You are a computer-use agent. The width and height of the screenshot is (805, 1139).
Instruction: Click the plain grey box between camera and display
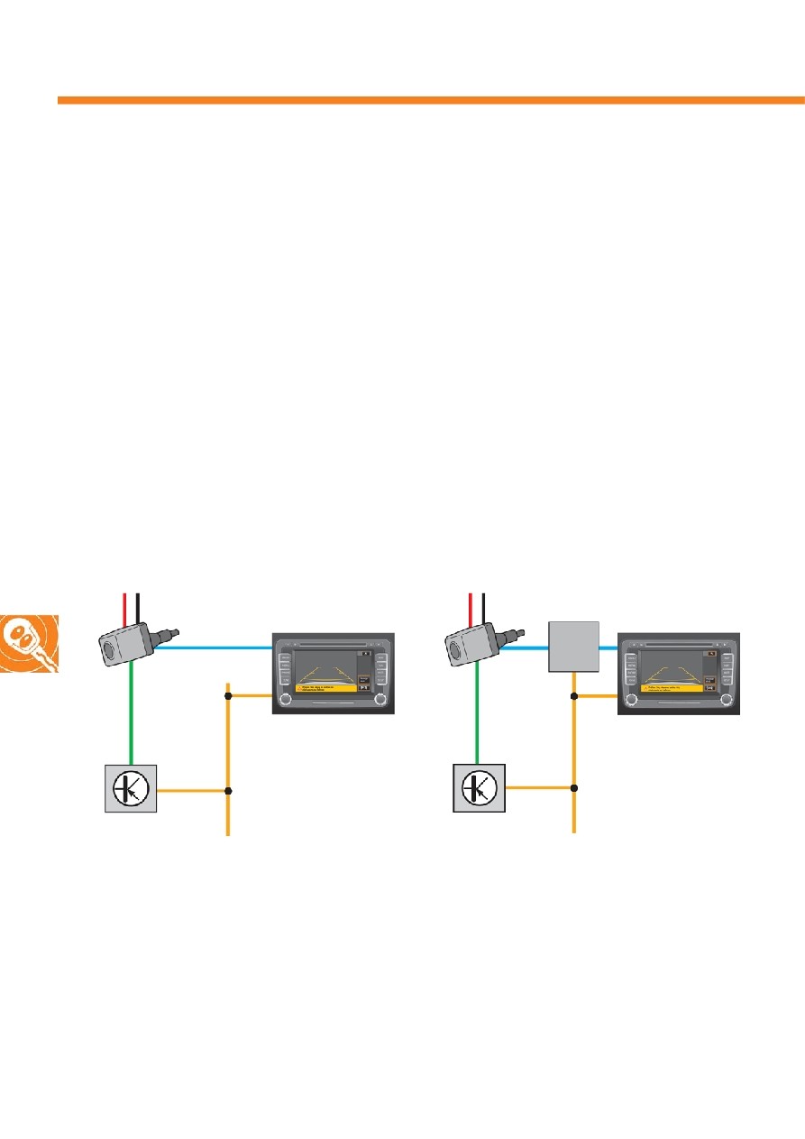point(574,646)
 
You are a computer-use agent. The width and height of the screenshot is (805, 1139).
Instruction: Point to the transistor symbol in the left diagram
point(131,787)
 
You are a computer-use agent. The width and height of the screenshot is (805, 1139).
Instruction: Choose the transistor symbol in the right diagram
point(479,787)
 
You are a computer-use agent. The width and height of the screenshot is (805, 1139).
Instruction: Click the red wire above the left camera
point(124,608)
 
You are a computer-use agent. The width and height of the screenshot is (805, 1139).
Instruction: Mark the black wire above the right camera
point(484,608)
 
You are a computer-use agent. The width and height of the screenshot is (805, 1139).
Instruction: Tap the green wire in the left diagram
point(132,712)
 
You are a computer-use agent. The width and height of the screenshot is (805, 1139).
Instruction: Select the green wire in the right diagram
point(479,712)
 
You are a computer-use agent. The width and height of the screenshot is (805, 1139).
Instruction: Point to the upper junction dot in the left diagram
point(228,695)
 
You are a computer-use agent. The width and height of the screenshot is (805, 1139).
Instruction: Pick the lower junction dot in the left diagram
point(228,791)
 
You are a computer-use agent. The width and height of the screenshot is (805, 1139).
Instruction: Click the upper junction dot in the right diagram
point(574,696)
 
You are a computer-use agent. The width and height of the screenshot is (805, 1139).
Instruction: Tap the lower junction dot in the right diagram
point(574,787)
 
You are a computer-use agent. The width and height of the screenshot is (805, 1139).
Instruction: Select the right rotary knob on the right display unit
point(726,698)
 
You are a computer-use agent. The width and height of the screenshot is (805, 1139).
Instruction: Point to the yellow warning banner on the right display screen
point(672,688)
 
